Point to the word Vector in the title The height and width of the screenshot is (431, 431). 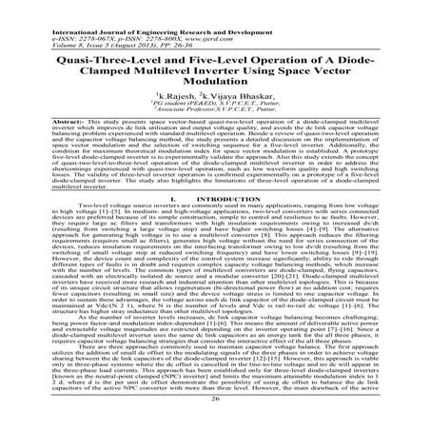pos(363,65)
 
